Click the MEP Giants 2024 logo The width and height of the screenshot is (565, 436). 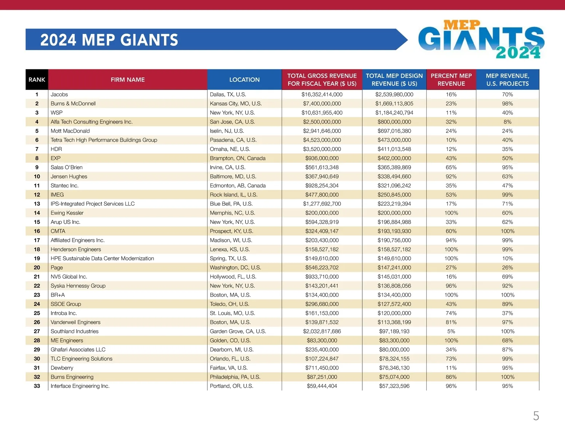pyautogui.click(x=481, y=40)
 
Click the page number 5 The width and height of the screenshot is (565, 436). pyautogui.click(x=536, y=416)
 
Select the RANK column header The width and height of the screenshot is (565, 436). pyautogui.click(x=37, y=80)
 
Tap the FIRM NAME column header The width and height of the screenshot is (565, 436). pyautogui.click(x=128, y=80)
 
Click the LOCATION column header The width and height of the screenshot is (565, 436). pyautogui.click(x=244, y=80)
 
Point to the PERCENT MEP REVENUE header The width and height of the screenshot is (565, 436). pyautogui.click(x=451, y=80)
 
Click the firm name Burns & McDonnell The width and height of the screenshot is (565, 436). pyautogui.click(x=73, y=104)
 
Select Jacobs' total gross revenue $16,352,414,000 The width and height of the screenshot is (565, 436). pyautogui.click(x=322, y=94)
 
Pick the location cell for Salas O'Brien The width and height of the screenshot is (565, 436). pyautogui.click(x=228, y=167)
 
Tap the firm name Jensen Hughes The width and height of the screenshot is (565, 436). pyautogui.click(x=69, y=177)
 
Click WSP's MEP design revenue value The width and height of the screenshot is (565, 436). pyautogui.click(x=394, y=113)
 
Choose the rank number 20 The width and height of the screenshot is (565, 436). pyautogui.click(x=37, y=267)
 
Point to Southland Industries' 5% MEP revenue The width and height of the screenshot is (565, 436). pyautogui.click(x=451, y=331)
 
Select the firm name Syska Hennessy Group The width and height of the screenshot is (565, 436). pyautogui.click(x=78, y=286)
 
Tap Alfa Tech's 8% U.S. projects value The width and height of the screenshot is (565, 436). pyautogui.click(x=508, y=122)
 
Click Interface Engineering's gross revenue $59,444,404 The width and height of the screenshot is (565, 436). pyautogui.click(x=322, y=386)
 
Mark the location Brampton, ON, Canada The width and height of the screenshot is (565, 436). pyautogui.click(x=238, y=158)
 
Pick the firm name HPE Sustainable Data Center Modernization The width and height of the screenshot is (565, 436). pyautogui.click(x=102, y=258)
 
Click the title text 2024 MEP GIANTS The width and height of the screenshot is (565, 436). pyautogui.click(x=109, y=40)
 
